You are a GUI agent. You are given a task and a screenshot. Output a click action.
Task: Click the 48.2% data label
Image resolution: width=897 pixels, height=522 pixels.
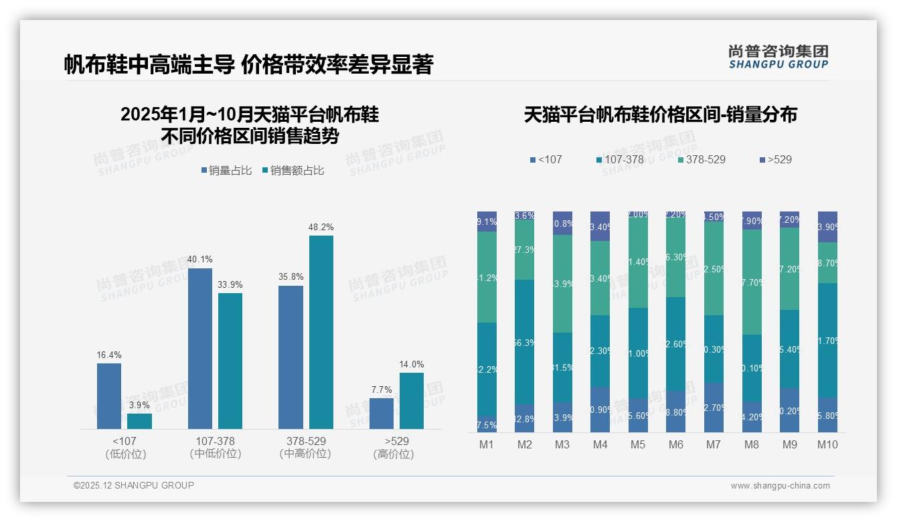tap(321, 228)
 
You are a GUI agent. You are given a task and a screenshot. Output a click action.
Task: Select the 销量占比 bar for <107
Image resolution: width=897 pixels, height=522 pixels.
tap(109, 396)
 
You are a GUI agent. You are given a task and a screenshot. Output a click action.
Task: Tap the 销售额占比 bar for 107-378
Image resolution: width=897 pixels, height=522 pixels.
tap(230, 361)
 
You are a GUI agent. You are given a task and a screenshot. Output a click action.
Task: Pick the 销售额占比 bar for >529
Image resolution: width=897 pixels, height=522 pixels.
tap(412, 400)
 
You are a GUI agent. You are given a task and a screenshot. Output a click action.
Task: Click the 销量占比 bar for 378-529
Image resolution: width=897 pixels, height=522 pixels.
tap(291, 357)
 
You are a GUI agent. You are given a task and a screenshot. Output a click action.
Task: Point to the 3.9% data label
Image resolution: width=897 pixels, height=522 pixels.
tap(139, 406)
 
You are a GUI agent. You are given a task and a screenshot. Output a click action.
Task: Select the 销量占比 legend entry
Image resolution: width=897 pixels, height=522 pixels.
tap(226, 171)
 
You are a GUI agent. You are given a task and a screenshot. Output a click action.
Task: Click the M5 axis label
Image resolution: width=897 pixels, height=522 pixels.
tap(638, 444)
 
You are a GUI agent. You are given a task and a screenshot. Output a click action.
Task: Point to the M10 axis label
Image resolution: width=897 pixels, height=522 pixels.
tap(827, 444)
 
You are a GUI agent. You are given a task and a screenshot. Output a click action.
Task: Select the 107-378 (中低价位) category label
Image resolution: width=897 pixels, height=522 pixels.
tap(215, 448)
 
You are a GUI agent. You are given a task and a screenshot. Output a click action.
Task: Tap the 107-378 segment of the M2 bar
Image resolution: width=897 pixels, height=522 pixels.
tap(525, 342)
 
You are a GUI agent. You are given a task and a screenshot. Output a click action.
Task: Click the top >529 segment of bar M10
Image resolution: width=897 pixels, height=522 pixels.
tap(827, 227)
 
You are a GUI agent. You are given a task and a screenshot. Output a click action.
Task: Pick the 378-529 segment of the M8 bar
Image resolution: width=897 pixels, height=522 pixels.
tap(752, 282)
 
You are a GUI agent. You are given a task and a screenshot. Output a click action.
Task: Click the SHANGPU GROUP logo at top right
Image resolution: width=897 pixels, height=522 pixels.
tap(778, 56)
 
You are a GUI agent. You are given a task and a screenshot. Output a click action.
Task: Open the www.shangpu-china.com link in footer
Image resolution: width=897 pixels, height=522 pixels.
tap(780, 486)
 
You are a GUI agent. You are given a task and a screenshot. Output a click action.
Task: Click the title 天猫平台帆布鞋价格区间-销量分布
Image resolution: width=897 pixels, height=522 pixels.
tap(660, 115)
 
